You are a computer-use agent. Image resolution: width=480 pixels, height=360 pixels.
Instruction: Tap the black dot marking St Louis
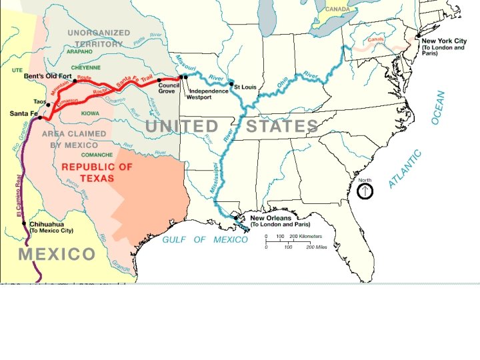[x=232, y=85]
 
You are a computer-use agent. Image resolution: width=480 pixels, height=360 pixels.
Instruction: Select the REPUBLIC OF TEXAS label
[x=97, y=173]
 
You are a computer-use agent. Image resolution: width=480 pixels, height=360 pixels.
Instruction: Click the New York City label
[x=445, y=41]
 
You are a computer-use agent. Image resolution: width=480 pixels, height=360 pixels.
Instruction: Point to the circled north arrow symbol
[x=365, y=191]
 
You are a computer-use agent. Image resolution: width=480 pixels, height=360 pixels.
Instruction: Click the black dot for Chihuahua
[x=24, y=224]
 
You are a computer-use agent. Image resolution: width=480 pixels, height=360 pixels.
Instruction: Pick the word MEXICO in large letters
[x=57, y=254]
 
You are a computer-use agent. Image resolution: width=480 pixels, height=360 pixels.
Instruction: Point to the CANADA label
[x=337, y=9]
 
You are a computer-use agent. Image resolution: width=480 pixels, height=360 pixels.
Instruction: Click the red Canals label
[x=376, y=39]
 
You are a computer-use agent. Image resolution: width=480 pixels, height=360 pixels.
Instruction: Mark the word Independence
[x=209, y=91]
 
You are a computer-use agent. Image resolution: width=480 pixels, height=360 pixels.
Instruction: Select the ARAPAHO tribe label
[x=80, y=51]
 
